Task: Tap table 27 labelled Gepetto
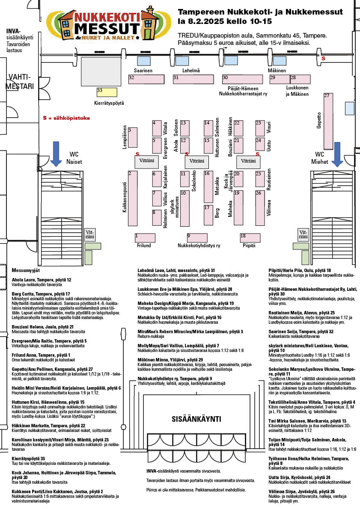(x=328, y=119)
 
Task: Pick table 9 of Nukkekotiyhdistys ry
(x=200, y=237)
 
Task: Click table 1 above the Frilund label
(x=145, y=237)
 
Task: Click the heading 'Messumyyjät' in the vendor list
(x=26, y=270)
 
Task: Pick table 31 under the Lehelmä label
(x=193, y=79)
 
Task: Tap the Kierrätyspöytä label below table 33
(x=109, y=103)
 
